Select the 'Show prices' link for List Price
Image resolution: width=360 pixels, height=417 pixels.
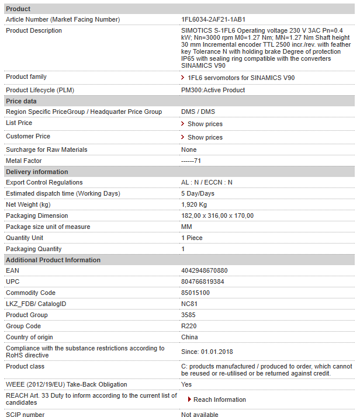tap(205, 124)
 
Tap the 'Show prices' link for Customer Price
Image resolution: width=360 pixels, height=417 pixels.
tap(205, 137)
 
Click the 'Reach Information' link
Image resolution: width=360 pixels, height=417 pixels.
tap(219, 399)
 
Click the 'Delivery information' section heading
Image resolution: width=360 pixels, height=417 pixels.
tap(37, 172)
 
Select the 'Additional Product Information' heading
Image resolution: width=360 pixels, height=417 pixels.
tap(53, 260)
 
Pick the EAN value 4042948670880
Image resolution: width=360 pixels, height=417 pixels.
tap(205, 270)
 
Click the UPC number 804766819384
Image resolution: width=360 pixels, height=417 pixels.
tap(202, 282)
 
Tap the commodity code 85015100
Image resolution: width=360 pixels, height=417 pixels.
tap(195, 293)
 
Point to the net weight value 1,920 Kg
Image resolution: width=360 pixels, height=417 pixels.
tap(194, 204)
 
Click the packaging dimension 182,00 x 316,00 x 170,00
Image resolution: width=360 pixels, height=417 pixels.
tap(217, 216)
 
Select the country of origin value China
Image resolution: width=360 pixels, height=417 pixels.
tap(189, 337)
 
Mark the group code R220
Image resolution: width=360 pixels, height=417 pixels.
tap(188, 326)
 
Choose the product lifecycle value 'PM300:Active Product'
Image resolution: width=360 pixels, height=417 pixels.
tap(213, 90)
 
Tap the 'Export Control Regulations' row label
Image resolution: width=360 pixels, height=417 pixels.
tap(44, 182)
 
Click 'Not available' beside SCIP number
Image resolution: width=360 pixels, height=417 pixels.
tap(199, 415)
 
